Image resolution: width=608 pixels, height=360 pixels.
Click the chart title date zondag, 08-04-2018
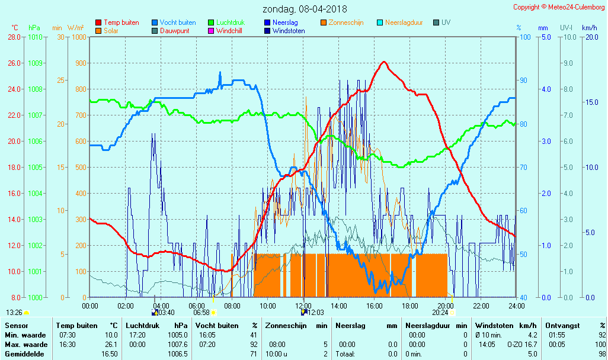[306, 9]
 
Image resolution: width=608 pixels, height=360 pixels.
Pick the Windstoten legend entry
[289, 31]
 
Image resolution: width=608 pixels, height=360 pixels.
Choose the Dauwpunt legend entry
[174, 31]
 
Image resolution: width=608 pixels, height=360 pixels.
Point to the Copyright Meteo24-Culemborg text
[559, 7]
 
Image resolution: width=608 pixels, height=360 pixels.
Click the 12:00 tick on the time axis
[303, 306]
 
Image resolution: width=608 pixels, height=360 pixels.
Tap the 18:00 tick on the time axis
[410, 306]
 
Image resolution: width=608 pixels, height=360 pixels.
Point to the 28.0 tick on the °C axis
[14, 37]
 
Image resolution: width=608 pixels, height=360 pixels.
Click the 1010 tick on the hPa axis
[35, 37]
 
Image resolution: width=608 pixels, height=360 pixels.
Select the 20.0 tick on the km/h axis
[590, 37]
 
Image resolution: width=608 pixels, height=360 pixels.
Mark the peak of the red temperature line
[384, 62]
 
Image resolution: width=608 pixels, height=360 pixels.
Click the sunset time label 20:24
[440, 313]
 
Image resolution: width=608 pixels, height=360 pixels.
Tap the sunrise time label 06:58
[201, 313]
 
